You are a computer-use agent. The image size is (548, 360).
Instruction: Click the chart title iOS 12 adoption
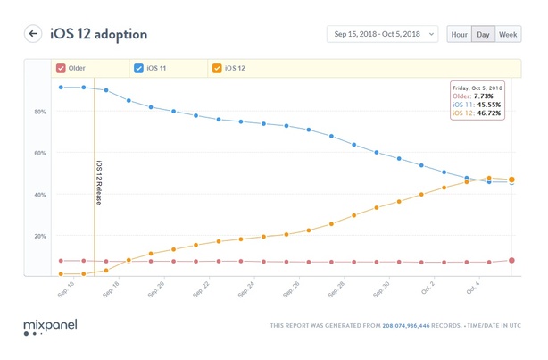[98, 34]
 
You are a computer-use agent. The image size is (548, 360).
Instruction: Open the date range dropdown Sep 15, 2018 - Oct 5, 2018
[382, 34]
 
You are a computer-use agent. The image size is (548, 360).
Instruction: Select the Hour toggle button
[459, 34]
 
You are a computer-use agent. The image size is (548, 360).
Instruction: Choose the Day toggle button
[483, 34]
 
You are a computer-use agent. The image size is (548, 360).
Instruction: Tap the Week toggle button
[509, 34]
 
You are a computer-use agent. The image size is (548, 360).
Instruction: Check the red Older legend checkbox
[61, 68]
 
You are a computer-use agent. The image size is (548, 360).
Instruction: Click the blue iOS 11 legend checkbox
[138, 68]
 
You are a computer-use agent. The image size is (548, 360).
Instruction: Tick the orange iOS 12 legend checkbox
[216, 68]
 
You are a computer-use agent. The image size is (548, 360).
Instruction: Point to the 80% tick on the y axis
[40, 112]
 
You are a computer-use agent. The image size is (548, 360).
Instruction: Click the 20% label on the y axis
[40, 236]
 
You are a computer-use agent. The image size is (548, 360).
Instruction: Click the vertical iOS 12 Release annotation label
[98, 183]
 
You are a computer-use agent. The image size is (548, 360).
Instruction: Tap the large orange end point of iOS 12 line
[511, 180]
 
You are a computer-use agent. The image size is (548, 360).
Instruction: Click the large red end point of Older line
[511, 261]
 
